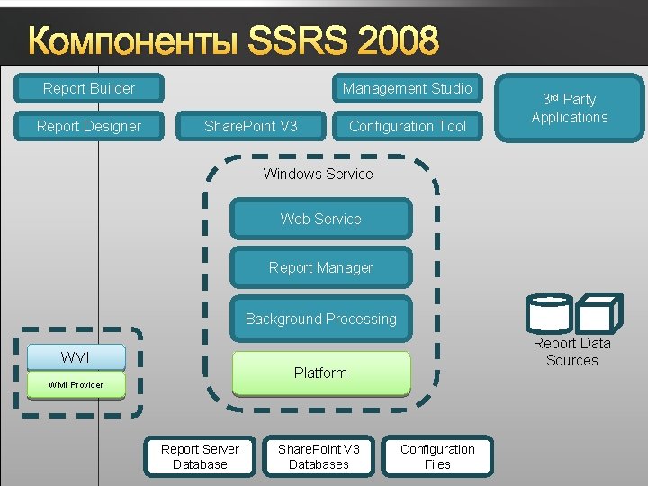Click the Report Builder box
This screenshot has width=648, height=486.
89,88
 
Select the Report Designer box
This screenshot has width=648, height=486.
89,126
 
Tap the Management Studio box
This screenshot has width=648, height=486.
407,88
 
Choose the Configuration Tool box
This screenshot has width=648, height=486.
407,126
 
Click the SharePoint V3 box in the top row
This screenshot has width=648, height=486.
251,126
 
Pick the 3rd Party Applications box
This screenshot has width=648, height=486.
569,108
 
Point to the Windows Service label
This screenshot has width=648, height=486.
318,174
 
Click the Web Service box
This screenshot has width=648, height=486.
320,219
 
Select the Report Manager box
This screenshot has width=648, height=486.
320,267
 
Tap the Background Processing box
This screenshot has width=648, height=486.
320,319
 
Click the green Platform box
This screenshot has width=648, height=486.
320,373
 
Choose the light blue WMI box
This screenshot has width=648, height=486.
76,357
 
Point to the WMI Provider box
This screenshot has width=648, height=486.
76,385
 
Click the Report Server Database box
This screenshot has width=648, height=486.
200,456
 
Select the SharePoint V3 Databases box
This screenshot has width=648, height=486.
319,456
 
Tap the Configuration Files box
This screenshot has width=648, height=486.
437,456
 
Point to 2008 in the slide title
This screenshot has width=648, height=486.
401,40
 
